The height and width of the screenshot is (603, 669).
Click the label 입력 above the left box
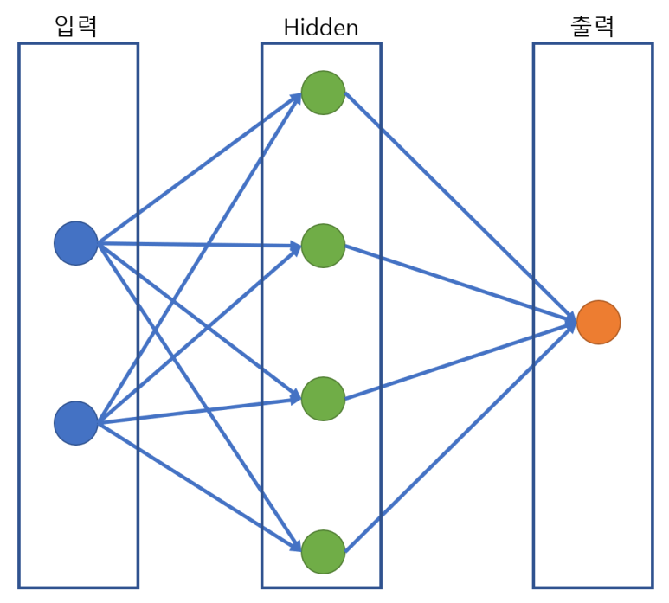click(x=75, y=26)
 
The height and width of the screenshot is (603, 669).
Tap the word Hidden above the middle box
click(x=320, y=28)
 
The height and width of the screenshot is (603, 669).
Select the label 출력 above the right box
click(x=592, y=26)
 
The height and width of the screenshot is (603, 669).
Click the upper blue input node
click(x=76, y=243)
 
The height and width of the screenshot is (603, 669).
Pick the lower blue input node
click(x=76, y=423)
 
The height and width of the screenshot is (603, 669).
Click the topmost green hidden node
click(x=323, y=93)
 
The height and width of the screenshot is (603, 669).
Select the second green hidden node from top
click(x=323, y=246)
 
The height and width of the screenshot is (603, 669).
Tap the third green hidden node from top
click(x=323, y=399)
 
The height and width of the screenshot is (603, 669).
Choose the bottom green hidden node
click(x=323, y=552)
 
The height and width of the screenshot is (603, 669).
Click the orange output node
click(x=598, y=323)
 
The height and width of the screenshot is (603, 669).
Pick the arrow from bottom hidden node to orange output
click(x=459, y=438)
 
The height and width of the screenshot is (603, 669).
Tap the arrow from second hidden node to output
click(x=459, y=284)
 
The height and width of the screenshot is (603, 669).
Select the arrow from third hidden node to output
click(x=459, y=361)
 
